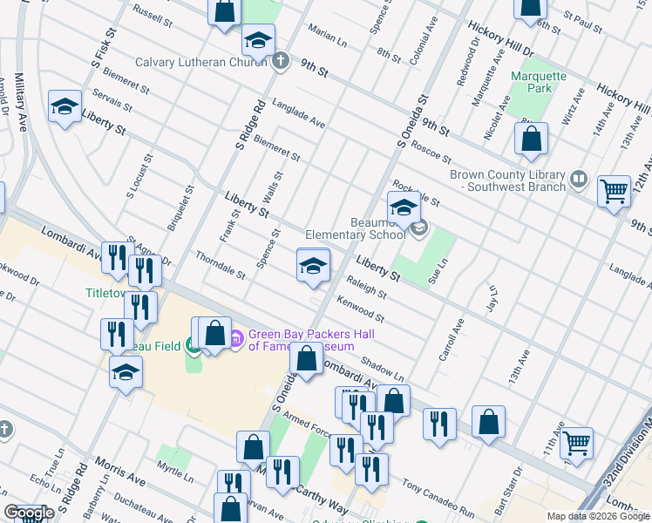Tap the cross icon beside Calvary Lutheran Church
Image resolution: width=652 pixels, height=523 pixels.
click(280, 61)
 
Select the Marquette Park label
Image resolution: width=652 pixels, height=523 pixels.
click(538, 83)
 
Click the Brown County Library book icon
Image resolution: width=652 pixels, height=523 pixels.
click(578, 180)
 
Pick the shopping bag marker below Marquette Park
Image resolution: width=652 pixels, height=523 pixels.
click(531, 139)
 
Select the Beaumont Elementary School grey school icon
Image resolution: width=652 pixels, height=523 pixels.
click(419, 228)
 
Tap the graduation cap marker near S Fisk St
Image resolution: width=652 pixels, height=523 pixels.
click(65, 106)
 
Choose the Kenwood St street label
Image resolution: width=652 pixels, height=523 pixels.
click(360, 308)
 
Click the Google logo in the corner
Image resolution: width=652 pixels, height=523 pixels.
click(29, 513)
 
